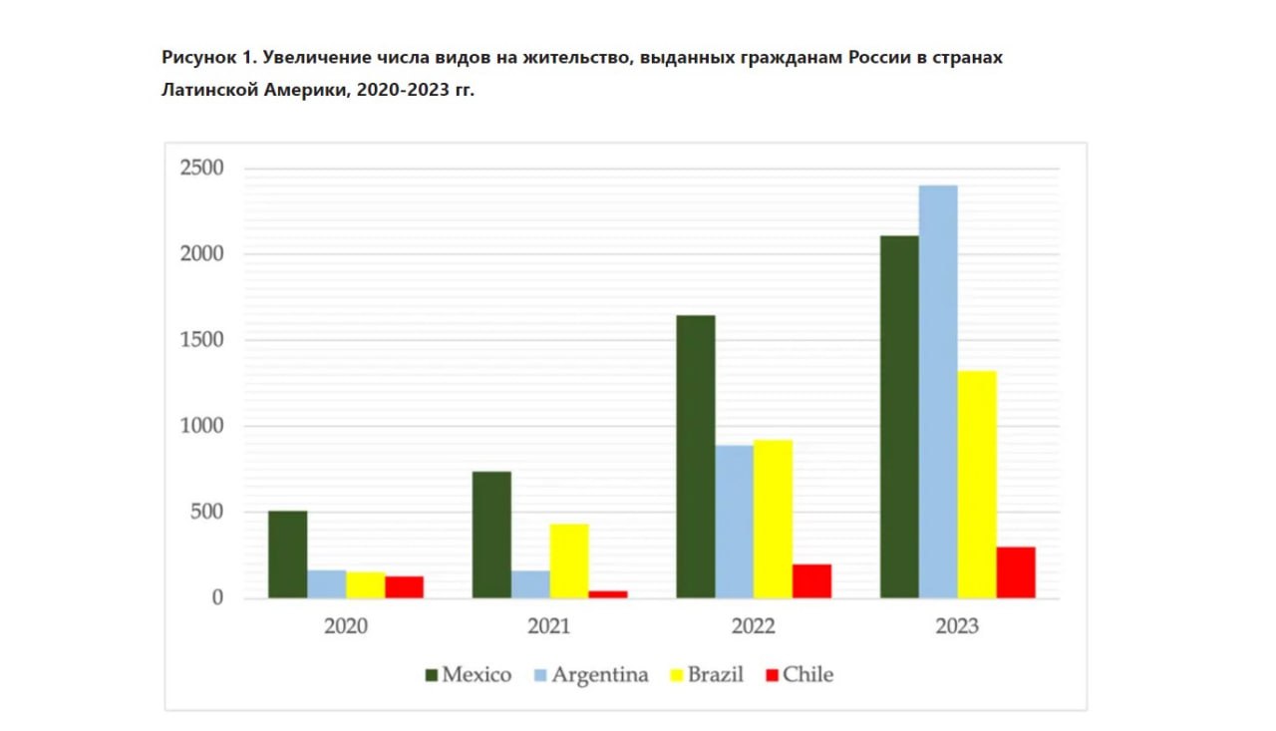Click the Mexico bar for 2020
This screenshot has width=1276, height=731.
(x=287, y=554)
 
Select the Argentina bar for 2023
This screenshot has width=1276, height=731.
(x=938, y=392)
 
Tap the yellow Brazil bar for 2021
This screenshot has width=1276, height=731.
(x=569, y=560)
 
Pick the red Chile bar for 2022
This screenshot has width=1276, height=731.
(x=811, y=581)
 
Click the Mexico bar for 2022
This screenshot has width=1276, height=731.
(x=695, y=457)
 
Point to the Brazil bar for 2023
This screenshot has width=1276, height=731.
(x=977, y=485)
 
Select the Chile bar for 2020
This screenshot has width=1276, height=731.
(x=404, y=587)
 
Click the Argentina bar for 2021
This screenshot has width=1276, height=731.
(x=530, y=584)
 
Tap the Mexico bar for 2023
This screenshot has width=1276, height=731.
(x=899, y=417)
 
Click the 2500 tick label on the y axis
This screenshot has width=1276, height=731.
(x=201, y=168)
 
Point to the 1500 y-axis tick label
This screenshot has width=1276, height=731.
(x=201, y=340)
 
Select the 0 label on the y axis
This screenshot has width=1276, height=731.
(x=216, y=598)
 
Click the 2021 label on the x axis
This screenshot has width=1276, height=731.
(x=549, y=627)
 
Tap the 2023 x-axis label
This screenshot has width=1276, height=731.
(x=957, y=627)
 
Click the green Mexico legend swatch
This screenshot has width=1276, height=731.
(x=432, y=675)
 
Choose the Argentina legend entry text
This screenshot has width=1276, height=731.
(x=600, y=675)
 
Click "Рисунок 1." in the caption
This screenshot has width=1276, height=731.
(x=207, y=58)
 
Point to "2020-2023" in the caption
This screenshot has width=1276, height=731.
(x=402, y=90)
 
